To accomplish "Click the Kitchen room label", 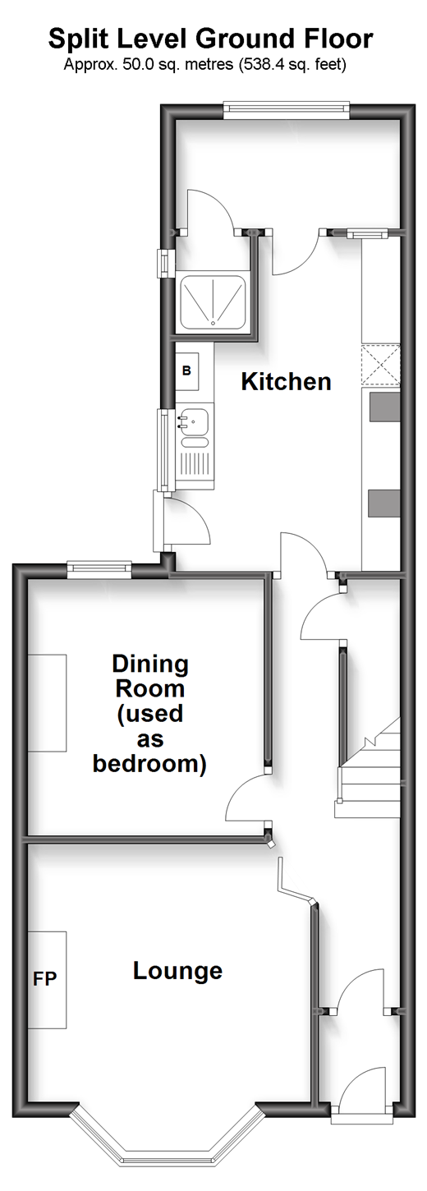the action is pyautogui.click(x=286, y=382).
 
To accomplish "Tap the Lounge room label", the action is pyautogui.click(x=177, y=971).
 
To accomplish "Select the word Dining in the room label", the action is pyautogui.click(x=150, y=664).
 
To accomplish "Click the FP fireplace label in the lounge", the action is pyautogui.click(x=44, y=979).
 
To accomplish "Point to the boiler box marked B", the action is pyautogui.click(x=186, y=370).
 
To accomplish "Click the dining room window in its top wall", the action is pyautogui.click(x=99, y=569).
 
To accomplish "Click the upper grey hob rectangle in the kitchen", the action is pyautogui.click(x=384, y=407).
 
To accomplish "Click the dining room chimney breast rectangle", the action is pyautogui.click(x=47, y=703).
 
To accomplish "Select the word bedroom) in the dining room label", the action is pyautogui.click(x=150, y=764).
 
